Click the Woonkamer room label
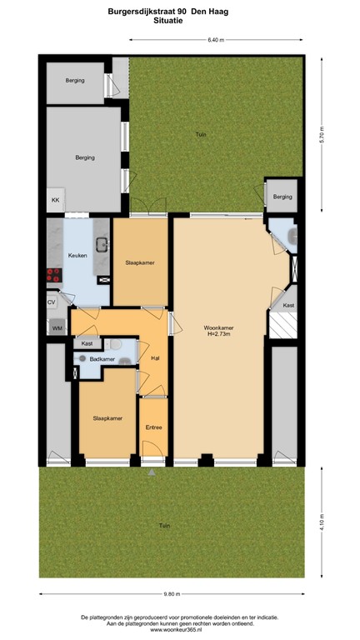[218, 327]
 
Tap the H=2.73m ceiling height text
[218, 335]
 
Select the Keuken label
[77, 257]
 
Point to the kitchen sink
[102, 244]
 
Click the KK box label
[56, 201]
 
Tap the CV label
[52, 302]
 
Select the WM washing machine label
[57, 328]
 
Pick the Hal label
[154, 358]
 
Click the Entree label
[153, 427]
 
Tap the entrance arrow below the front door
[152, 472]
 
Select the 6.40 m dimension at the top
[215, 39]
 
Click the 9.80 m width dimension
[171, 594]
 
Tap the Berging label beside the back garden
[283, 197]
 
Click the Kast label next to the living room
[288, 305]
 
